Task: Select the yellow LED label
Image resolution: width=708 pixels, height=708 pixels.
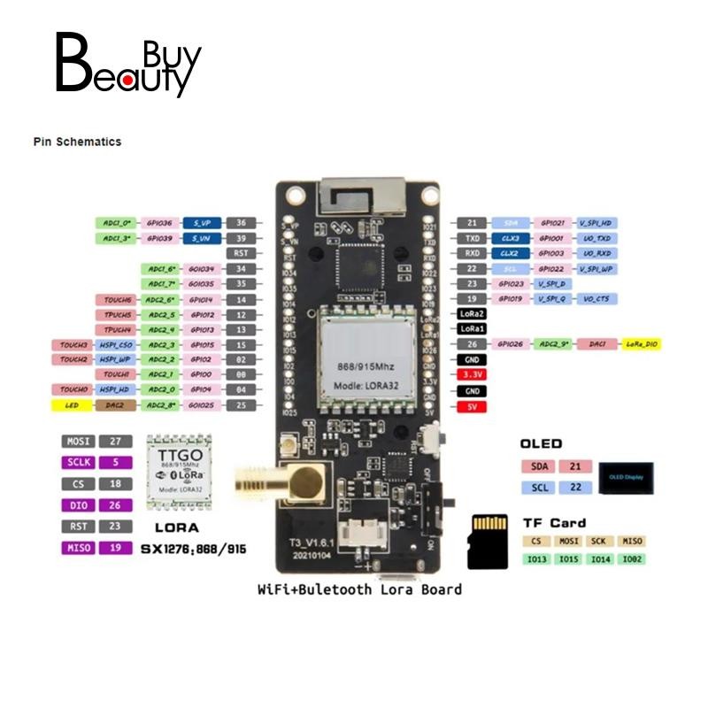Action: pyautogui.click(x=73, y=404)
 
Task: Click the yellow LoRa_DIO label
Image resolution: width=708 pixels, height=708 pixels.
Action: pyautogui.click(x=643, y=343)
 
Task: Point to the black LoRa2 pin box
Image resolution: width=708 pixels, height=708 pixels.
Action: pyautogui.click(x=472, y=313)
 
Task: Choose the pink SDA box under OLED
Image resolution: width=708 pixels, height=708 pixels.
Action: pyautogui.click(x=537, y=466)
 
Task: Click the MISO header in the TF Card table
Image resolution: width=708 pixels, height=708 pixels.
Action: pyautogui.click(x=632, y=541)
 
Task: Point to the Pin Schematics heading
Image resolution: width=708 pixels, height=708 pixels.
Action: pyautogui.click(x=77, y=142)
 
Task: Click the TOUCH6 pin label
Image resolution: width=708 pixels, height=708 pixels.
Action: pyautogui.click(x=118, y=300)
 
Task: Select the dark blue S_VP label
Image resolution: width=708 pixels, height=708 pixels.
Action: pyautogui.click(x=203, y=224)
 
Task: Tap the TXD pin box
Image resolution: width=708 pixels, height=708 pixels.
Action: pyautogui.click(x=472, y=239)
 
